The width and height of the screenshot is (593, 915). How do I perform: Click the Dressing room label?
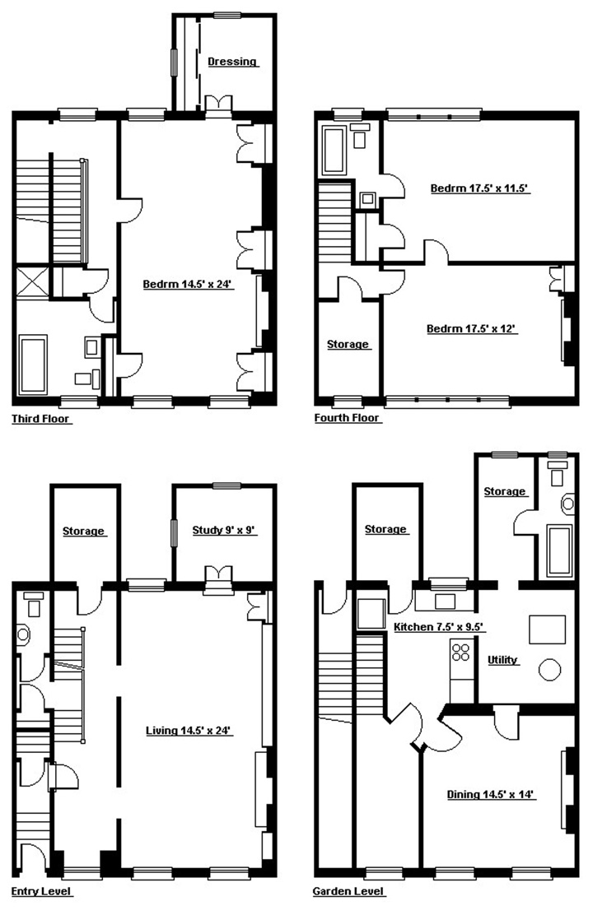tap(232, 61)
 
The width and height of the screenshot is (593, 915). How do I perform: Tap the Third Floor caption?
tap(41, 418)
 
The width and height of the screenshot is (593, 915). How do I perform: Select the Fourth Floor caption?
tap(347, 418)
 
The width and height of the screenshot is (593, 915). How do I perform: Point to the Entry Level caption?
tap(41, 891)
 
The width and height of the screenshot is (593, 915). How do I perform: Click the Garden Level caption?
tap(348, 891)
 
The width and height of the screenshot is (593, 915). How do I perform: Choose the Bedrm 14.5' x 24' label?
tap(188, 284)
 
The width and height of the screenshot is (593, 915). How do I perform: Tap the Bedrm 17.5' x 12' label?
tap(472, 328)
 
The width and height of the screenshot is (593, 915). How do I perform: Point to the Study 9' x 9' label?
tap(224, 530)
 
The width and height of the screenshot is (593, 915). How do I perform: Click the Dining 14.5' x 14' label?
tap(491, 794)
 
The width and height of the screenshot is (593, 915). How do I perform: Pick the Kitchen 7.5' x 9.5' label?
tap(439, 627)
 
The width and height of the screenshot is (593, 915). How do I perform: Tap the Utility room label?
tap(502, 660)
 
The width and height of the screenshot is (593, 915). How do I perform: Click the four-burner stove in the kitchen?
tap(461, 651)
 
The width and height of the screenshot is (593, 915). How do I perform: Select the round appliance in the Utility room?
tap(550, 669)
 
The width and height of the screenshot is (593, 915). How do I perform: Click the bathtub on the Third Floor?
tap(33, 365)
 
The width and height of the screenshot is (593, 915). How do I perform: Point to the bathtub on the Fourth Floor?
tap(334, 151)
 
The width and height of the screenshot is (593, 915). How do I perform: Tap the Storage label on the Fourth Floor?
tap(348, 344)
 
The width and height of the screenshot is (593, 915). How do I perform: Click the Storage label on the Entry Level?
tap(83, 531)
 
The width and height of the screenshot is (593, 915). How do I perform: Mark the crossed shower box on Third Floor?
tap(31, 281)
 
